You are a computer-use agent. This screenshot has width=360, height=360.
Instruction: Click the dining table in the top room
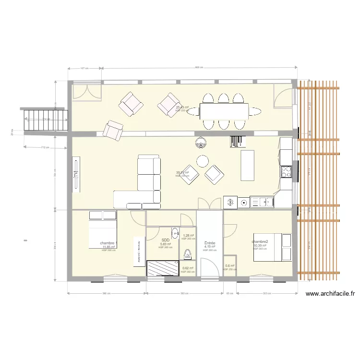[x=224, y=111]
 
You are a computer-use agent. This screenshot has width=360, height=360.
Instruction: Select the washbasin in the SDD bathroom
[x=175, y=232]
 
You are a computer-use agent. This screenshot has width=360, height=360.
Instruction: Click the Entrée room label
[x=209, y=243]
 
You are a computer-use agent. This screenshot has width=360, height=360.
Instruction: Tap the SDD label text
[x=165, y=240]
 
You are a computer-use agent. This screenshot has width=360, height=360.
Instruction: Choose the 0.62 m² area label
[x=188, y=268]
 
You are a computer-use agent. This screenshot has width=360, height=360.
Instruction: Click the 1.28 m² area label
[x=188, y=236]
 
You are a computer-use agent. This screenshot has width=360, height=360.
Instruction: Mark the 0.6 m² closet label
[x=230, y=266]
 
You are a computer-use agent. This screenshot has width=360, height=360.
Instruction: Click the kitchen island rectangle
[x=247, y=165]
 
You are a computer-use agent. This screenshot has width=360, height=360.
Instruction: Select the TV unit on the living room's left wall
[x=76, y=175]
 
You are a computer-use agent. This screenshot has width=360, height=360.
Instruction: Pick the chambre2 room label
[x=260, y=241]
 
